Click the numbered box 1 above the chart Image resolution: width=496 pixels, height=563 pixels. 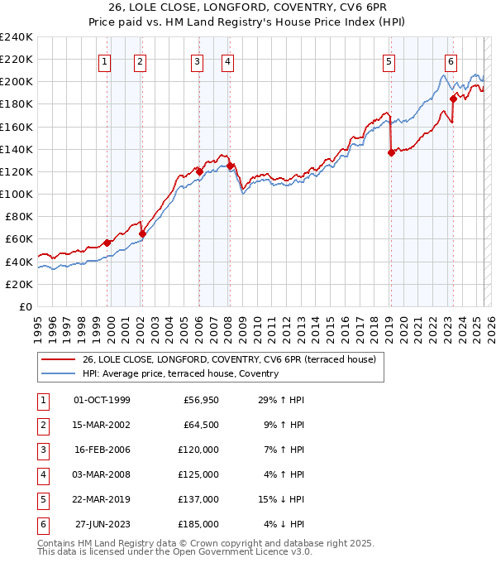pos(105,61)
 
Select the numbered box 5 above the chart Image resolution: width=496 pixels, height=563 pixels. pos(389,61)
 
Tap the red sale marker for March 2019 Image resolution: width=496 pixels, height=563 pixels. pos(390,152)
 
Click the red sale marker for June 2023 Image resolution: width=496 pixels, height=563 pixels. pos(453,99)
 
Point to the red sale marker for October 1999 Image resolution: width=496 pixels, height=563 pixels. pos(107,243)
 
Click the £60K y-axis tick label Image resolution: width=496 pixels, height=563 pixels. pos(19,239)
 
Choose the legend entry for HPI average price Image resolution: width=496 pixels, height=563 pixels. pos(179,373)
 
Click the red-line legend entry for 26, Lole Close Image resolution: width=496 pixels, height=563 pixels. pos(229,359)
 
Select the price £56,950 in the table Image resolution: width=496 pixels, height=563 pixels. pos(200,400)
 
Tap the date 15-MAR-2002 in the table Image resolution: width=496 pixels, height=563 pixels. pos(102,425)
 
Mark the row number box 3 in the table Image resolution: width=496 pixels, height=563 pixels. pos(42,450)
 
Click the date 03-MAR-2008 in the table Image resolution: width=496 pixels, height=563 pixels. pos(102,474)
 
